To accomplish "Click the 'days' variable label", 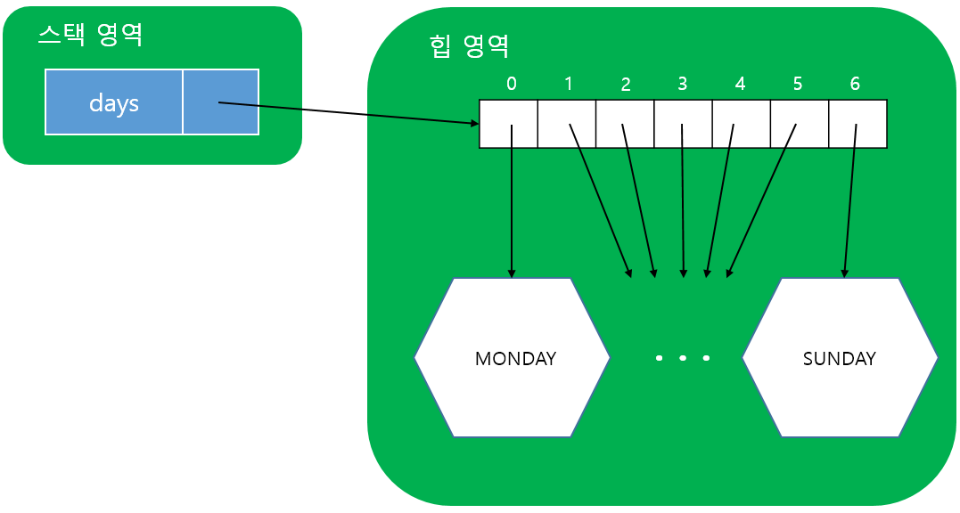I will pyautogui.click(x=114, y=102).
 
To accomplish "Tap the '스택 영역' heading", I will pyautogui.click(x=90, y=35).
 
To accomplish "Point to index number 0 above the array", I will pyautogui.click(x=511, y=84).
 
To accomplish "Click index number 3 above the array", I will pyautogui.click(x=683, y=84).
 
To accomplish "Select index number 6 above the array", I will pyautogui.click(x=856, y=84).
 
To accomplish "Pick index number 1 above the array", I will pyautogui.click(x=569, y=84).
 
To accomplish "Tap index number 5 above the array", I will pyautogui.click(x=798, y=84).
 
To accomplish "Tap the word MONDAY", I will pyautogui.click(x=515, y=358).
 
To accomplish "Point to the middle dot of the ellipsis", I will pyautogui.click(x=683, y=358).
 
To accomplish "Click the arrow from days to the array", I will pyautogui.click(x=348, y=113).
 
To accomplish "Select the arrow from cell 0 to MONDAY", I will pyautogui.click(x=512, y=205).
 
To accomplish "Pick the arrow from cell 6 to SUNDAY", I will pyautogui.click(x=849, y=205).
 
